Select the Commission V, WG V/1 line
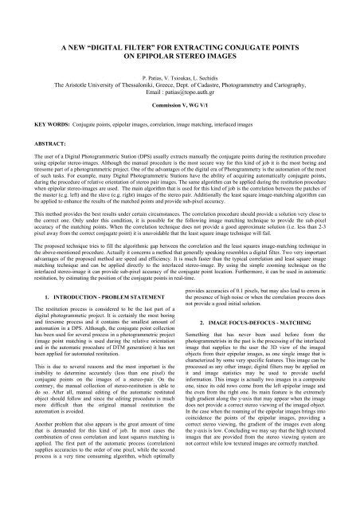click(179, 84)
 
